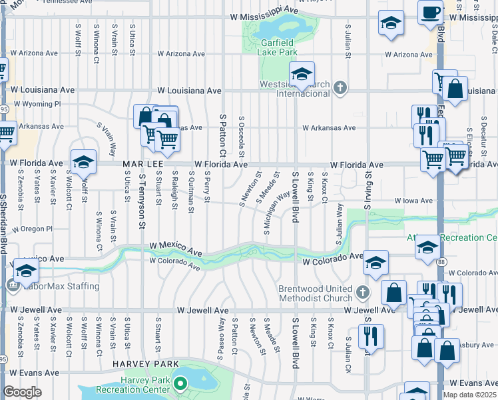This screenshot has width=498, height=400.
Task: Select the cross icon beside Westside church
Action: click(x=340, y=87)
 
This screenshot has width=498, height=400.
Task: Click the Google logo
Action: click(x=22, y=393)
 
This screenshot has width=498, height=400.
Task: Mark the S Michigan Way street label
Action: click(x=276, y=211)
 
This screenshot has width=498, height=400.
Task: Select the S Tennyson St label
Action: click(x=142, y=201)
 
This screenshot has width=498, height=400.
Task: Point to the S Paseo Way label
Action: click(x=222, y=339)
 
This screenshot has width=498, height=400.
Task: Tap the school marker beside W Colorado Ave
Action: click(x=375, y=263)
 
